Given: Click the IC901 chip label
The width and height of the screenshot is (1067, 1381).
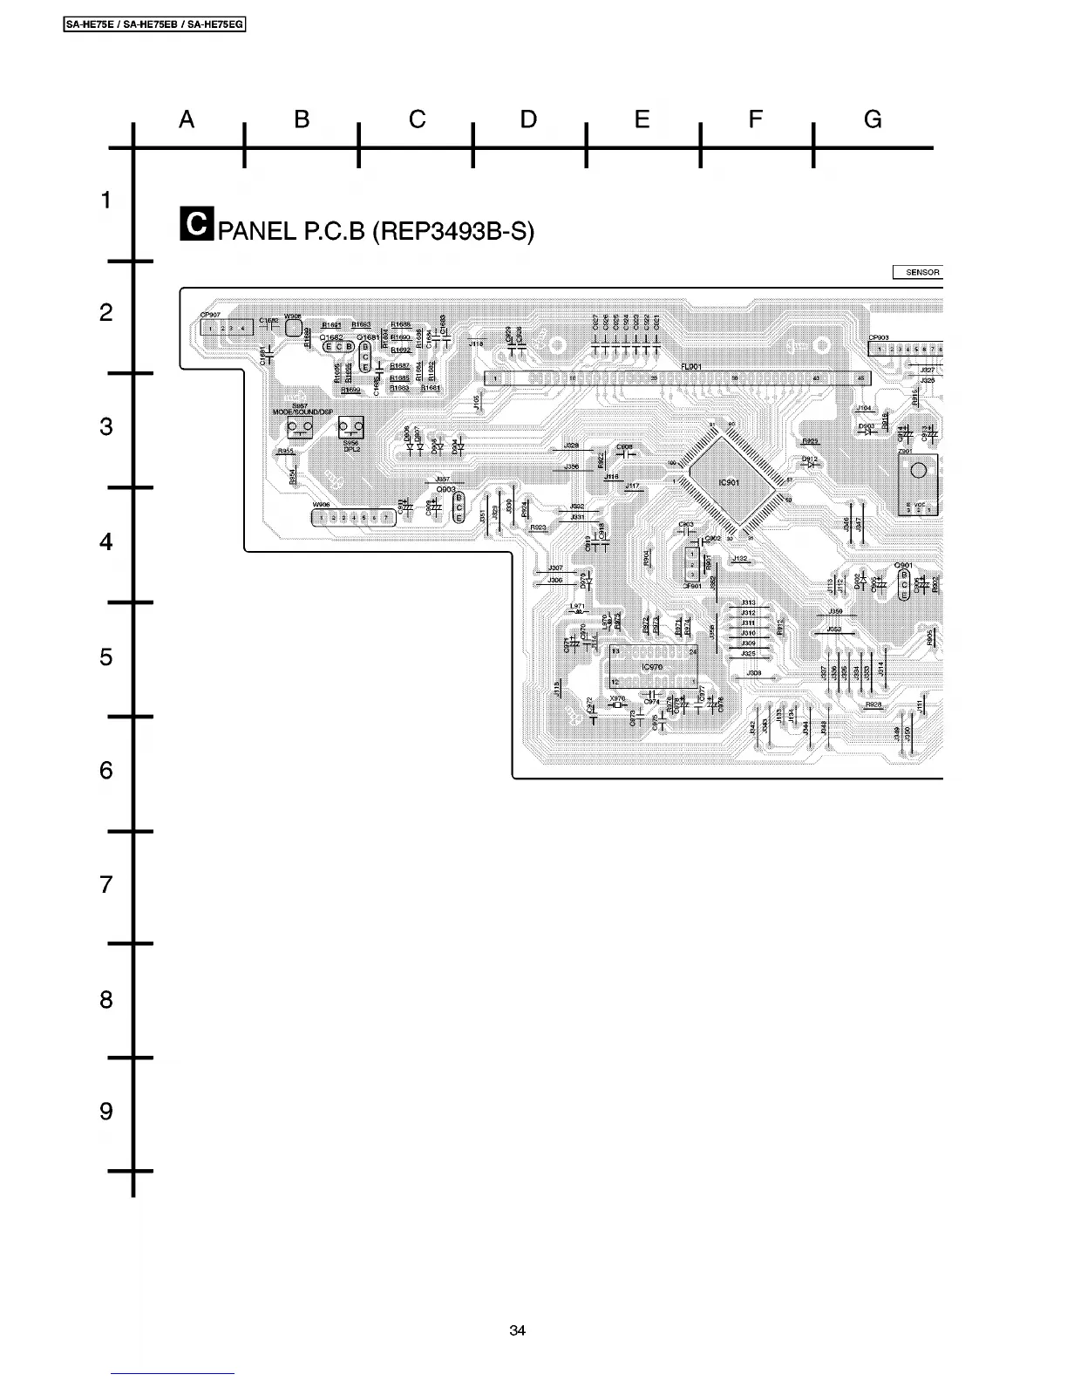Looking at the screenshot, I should coord(729,482).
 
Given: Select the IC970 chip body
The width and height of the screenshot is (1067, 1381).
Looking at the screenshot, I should coord(653,667).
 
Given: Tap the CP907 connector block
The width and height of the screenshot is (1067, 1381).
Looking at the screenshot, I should coord(226,328).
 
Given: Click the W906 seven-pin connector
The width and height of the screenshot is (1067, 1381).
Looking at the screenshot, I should coord(354,518).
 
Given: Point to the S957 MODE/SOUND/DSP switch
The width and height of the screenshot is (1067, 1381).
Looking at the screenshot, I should coord(301,427).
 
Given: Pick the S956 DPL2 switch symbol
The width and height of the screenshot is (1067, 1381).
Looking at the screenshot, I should coord(351,427).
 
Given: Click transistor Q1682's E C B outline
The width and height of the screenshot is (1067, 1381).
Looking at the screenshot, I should coord(338,346).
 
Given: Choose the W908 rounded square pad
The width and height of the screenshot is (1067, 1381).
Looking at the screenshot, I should coord(293,329).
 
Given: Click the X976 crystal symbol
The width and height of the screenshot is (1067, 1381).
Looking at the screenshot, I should coord(618,705).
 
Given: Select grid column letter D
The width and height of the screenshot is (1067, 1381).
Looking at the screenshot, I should coord(528,120).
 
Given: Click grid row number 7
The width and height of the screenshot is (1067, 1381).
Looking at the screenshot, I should coord(105,885).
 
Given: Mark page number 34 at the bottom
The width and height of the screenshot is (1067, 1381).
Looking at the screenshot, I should coord(518,1330).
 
